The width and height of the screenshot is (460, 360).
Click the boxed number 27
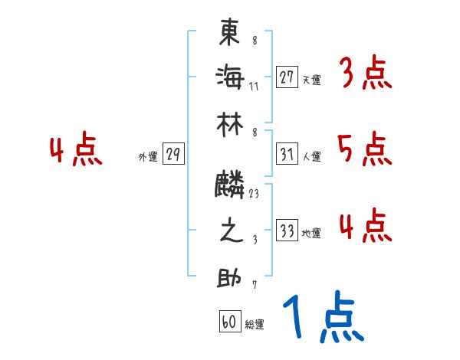[x=287, y=77]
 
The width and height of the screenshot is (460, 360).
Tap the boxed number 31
[x=287, y=154]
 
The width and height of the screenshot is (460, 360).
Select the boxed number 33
[x=287, y=231]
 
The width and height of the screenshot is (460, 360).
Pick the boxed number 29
[x=173, y=155]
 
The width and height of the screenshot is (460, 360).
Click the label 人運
[x=311, y=156]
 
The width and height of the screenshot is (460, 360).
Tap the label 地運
[x=311, y=233]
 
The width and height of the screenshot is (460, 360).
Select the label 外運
[x=148, y=157]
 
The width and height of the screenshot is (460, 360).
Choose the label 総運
[x=255, y=324]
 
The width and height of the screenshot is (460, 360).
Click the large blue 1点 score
[x=322, y=318]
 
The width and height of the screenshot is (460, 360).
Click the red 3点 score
[x=365, y=74]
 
